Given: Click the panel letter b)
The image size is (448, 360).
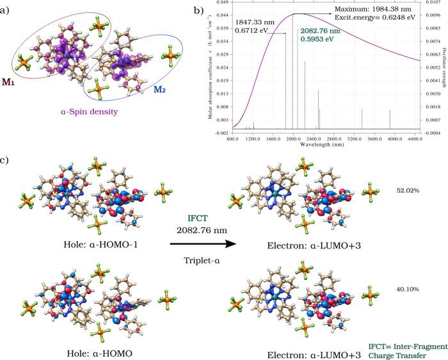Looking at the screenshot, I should click(x=199, y=11).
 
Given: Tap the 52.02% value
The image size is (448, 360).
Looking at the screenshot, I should click(x=407, y=190).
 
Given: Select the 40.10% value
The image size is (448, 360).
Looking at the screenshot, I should click(x=407, y=289).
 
